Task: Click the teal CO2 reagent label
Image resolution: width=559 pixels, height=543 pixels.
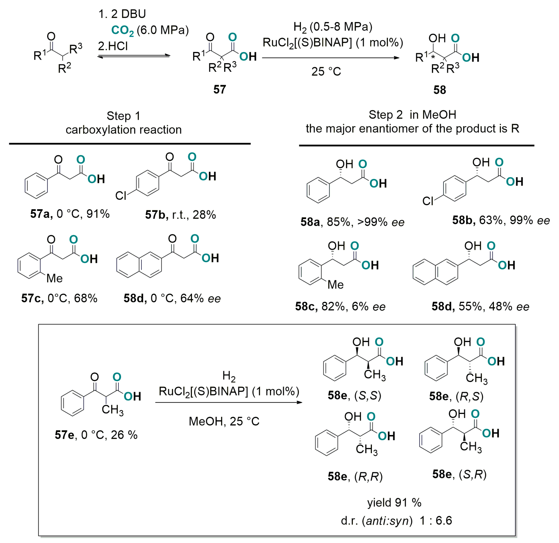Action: point(122,31)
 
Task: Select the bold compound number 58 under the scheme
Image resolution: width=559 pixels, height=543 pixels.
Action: point(439,90)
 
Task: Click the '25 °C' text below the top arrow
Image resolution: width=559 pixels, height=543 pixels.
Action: point(326,71)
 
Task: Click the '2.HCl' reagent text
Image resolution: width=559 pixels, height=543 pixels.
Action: point(113,46)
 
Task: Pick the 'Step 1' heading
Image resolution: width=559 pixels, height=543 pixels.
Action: point(123,116)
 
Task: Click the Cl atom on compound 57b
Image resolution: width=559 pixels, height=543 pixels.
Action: point(121,196)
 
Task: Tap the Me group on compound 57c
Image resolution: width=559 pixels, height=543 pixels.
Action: point(54,278)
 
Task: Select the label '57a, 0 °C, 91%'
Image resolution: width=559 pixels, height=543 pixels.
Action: point(70,214)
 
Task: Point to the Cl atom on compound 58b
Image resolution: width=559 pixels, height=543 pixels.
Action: point(428,201)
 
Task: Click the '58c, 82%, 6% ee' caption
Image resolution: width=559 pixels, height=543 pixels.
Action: point(340,306)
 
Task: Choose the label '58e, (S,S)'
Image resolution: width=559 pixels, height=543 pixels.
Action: point(354,396)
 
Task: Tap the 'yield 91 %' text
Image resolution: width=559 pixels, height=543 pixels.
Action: point(394,503)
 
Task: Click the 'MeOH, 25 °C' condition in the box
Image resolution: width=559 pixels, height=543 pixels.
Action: point(224,421)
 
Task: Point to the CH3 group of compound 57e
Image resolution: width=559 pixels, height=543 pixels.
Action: point(113,410)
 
